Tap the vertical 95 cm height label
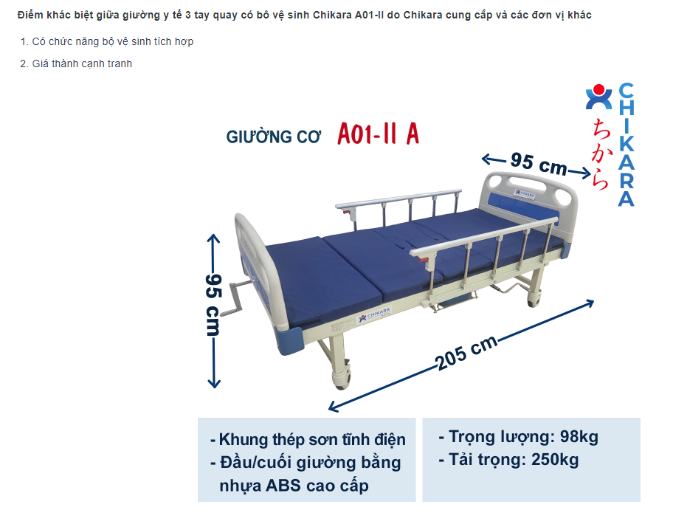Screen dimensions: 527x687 point(214,304)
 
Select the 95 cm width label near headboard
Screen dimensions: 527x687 point(538,163)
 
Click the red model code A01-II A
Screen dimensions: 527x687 point(378,134)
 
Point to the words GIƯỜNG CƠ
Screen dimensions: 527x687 point(274,138)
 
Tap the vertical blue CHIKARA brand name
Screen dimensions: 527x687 point(626,144)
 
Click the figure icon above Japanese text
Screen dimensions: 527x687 point(598,97)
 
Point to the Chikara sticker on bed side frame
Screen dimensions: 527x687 point(373,317)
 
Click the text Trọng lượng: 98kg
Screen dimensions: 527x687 point(518,437)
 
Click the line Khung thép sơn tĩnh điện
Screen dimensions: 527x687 point(308,440)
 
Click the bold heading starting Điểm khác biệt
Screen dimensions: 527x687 point(304,15)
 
